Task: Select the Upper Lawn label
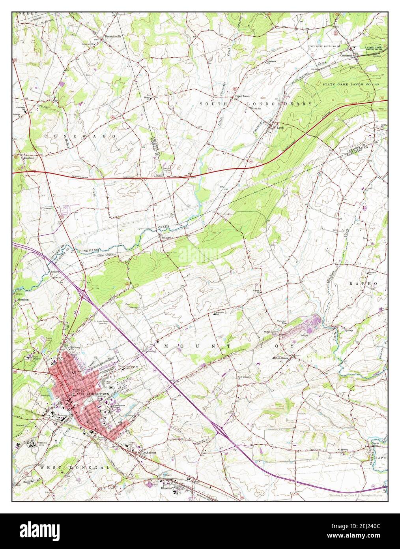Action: (x=242, y=96)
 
